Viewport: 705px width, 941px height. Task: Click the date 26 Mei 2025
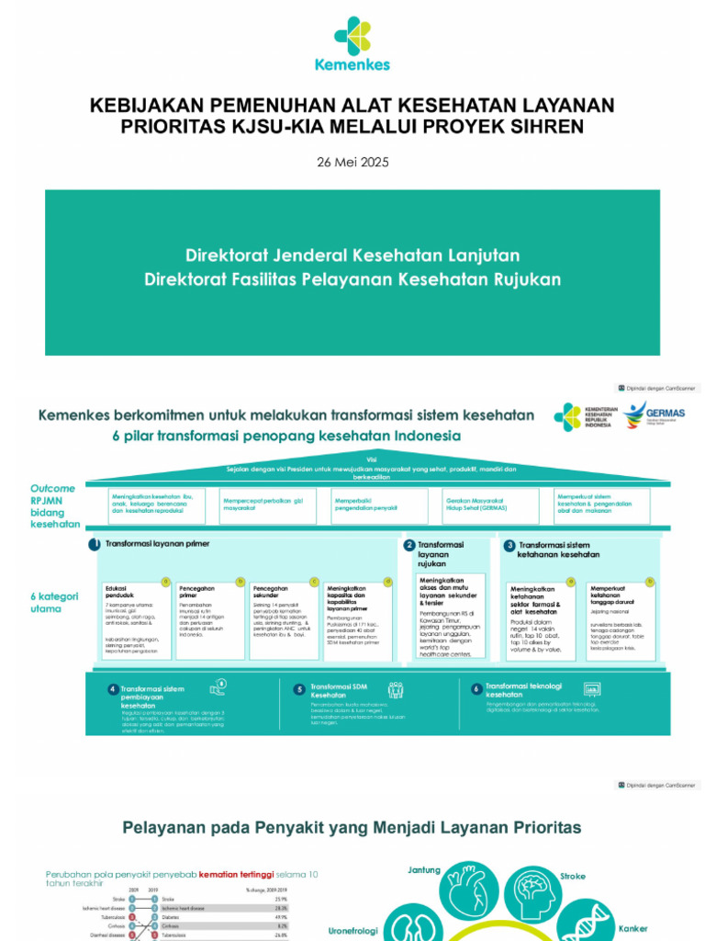tap(352, 162)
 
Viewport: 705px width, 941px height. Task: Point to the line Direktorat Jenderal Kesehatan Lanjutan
tap(352, 255)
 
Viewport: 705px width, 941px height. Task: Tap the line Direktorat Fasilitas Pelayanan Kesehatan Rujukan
tap(352, 278)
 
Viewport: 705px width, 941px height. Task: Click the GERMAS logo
tap(653, 415)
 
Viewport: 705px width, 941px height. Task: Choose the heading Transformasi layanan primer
tap(157, 544)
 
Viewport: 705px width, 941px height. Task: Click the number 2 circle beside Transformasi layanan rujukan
tap(409, 545)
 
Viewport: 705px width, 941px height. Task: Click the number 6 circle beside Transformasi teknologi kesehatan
tap(476, 688)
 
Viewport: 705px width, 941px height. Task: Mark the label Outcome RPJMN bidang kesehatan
tap(54, 505)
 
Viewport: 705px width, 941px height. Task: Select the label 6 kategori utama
tap(54, 602)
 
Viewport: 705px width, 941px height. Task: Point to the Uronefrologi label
tap(353, 931)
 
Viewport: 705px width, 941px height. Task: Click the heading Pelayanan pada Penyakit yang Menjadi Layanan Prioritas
tap(352, 828)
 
